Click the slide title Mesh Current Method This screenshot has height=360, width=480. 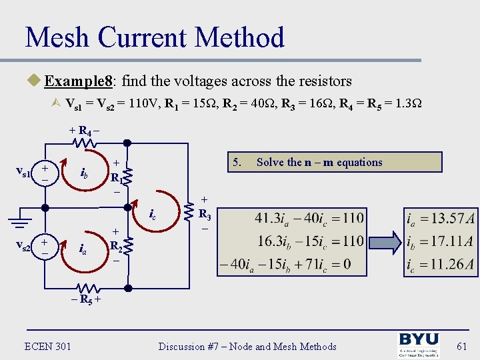155,37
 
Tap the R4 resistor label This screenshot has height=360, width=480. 84,131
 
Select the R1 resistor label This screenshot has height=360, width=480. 115,178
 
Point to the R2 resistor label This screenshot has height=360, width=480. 115,245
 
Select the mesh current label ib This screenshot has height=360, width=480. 85,175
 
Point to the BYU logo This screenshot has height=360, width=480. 418,345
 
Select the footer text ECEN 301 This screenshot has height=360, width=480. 48,346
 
